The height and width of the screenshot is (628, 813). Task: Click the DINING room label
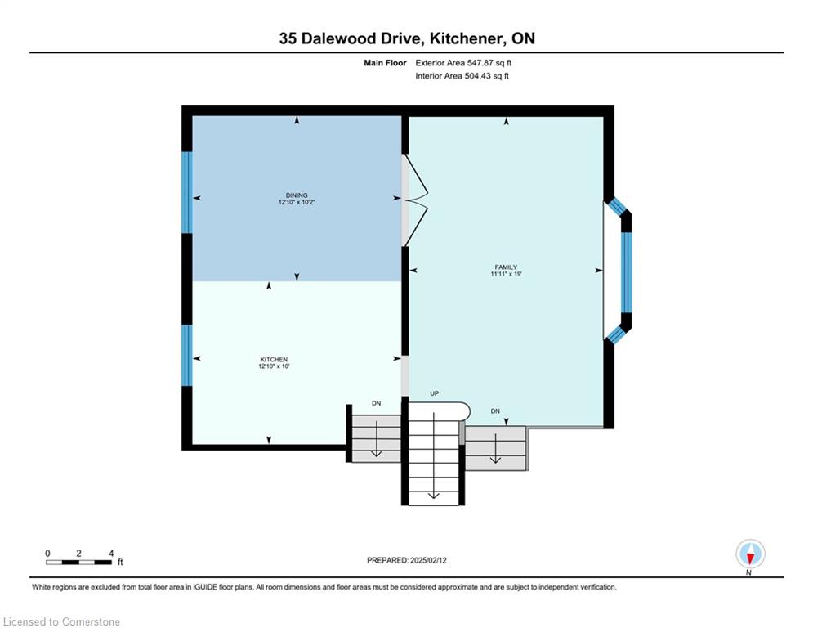297,195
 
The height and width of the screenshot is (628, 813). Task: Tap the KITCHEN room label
274,359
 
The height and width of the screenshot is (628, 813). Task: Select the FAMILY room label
506,267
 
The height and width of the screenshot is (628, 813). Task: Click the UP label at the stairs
435,393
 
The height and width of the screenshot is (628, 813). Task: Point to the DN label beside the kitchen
377,403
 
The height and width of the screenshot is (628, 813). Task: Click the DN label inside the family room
495,411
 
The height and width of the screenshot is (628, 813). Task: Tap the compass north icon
750,554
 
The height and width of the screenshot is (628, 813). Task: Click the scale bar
78,562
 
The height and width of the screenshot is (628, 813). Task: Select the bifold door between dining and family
416,200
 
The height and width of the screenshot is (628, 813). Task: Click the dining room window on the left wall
187,192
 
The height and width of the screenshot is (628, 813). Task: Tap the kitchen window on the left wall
187,356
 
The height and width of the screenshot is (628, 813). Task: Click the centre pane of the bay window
627,272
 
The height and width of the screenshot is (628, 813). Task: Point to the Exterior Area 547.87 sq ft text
463,63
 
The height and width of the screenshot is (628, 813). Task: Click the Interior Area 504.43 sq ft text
462,76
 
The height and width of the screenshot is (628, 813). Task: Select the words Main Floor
385,63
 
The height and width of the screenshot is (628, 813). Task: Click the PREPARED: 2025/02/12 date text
407,560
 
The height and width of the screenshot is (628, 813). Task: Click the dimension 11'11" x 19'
506,274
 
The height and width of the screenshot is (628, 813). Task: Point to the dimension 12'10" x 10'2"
297,202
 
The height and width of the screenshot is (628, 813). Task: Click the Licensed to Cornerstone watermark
61,621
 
